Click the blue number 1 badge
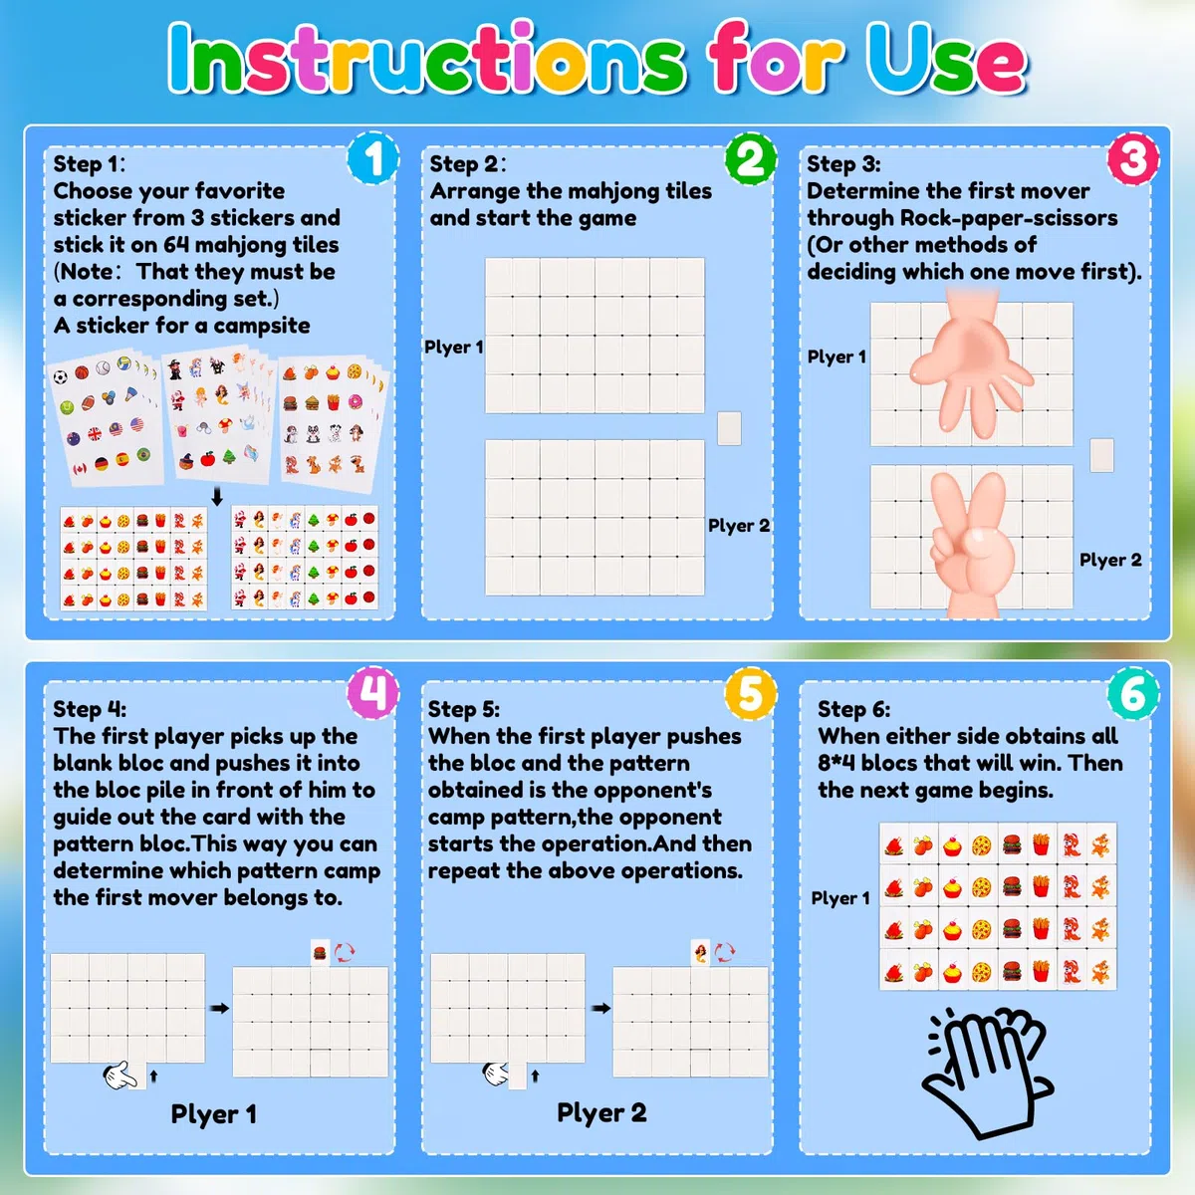(x=373, y=158)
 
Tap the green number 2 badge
(x=751, y=158)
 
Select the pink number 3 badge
(x=1133, y=158)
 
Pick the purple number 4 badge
(x=372, y=693)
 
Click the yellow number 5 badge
(x=751, y=693)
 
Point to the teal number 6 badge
(x=1133, y=693)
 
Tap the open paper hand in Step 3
(x=971, y=365)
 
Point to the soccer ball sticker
(x=60, y=377)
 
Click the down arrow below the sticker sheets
(x=217, y=496)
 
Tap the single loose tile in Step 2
(x=729, y=428)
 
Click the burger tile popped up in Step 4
(x=320, y=952)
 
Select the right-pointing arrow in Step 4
(x=219, y=1009)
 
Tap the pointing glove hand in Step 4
(x=120, y=1075)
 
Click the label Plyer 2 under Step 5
(x=601, y=1112)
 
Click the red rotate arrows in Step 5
(x=724, y=951)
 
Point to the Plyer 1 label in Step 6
(x=840, y=898)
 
